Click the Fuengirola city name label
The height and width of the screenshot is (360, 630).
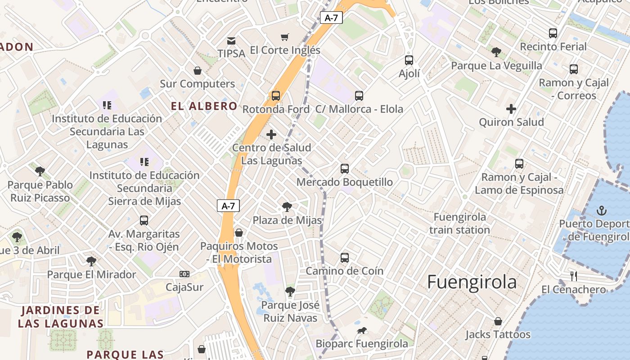point(472,282)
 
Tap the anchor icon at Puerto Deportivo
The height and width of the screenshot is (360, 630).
point(601,210)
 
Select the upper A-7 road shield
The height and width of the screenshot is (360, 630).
point(331,18)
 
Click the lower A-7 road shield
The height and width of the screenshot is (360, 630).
point(228,206)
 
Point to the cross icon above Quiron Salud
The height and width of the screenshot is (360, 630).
point(511,108)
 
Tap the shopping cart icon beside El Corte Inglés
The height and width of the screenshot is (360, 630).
point(284,37)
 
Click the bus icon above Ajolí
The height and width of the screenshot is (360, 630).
point(409,60)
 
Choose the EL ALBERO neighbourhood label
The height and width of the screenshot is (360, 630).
point(204,106)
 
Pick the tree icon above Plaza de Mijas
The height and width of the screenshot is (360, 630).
point(287,207)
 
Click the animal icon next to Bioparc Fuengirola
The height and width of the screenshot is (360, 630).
point(361,331)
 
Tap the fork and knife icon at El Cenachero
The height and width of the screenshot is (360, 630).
point(573,276)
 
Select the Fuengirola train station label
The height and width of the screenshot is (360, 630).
point(459,223)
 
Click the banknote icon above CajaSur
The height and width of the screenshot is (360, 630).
point(184,274)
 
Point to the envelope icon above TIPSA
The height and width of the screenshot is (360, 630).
point(231,40)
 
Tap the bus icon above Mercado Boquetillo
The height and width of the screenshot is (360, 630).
point(345,169)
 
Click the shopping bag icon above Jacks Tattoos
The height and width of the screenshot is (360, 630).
point(498,321)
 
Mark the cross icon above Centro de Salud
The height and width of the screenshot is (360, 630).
point(271,134)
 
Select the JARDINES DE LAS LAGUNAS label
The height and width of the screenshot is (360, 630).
point(61,316)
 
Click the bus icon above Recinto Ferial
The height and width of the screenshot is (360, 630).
point(553,33)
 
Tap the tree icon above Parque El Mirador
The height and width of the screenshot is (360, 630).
point(91,261)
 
